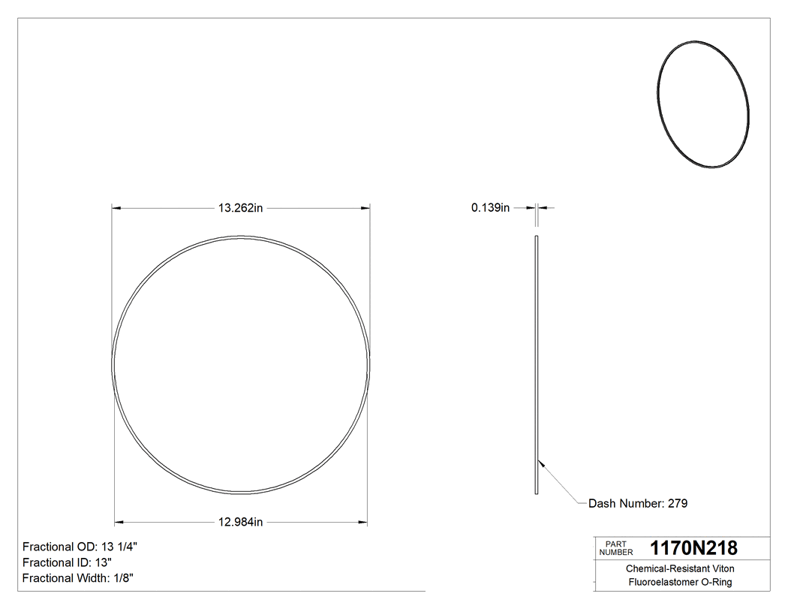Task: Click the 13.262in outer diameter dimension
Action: [240, 208]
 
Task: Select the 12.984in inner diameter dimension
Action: [240, 523]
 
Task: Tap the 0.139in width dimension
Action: [490, 208]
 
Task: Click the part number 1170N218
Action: [693, 548]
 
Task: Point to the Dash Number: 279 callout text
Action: [638, 503]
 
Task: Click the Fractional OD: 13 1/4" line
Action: [80, 547]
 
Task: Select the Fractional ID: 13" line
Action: [68, 562]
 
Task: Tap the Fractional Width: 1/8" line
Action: [78, 578]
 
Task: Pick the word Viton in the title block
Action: [718, 569]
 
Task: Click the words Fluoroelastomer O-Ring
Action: [680, 582]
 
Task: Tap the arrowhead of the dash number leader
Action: [542, 463]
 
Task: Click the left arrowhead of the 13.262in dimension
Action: [116, 208]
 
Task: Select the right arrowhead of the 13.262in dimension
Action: [365, 208]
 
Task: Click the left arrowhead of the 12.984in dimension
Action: [119, 523]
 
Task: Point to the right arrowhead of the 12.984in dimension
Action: [363, 523]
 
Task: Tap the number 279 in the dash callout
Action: [678, 503]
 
